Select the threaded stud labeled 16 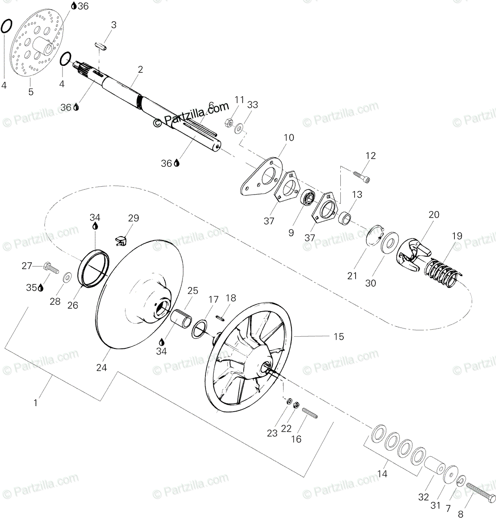pos(310,414)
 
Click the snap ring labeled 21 pos(373,237)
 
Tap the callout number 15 pos(339,336)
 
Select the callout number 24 pos(101,367)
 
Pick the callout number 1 pos(36,403)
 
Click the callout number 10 pos(289,138)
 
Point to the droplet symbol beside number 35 pos(40,287)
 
